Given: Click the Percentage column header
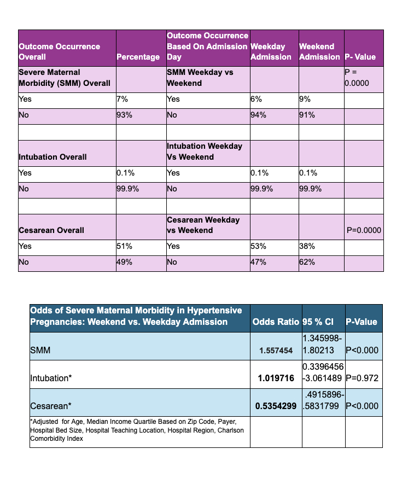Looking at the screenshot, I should [x=138, y=57].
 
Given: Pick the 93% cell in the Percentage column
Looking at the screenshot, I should [x=125, y=116].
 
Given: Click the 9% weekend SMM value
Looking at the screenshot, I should [x=305, y=100].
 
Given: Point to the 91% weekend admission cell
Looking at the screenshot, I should [x=307, y=116].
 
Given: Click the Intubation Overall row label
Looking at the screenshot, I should [x=53, y=157].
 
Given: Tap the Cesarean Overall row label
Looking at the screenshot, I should [x=51, y=230].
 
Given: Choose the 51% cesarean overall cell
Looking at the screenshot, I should [x=125, y=247].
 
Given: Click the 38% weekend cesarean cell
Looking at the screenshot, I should [x=307, y=247].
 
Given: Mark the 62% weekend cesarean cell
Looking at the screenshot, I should [x=307, y=263].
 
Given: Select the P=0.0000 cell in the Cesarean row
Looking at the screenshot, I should [x=364, y=230].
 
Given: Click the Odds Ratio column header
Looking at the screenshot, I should [x=276, y=322].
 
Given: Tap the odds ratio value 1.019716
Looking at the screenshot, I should [x=276, y=378].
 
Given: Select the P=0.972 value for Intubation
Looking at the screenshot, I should [x=363, y=378].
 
